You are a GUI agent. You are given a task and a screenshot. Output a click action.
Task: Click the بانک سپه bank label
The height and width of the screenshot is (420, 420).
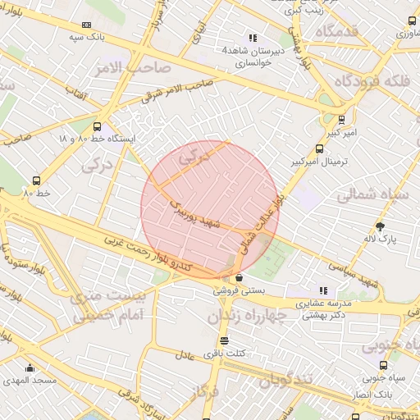pyautogui.click(x=88, y=38)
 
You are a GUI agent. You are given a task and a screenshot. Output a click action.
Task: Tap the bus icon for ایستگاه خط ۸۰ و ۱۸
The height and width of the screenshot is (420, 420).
pyautogui.click(x=98, y=127)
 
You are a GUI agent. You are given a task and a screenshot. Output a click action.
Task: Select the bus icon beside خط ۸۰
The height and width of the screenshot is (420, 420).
pyautogui.click(x=36, y=180)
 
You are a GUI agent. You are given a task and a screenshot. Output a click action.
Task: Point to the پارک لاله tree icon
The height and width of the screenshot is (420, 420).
pyautogui.click(x=379, y=226)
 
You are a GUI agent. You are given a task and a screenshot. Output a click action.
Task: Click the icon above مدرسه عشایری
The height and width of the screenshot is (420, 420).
pyautogui.click(x=324, y=290)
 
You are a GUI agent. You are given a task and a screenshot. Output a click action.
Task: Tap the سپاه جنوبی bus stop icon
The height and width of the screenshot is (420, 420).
pyautogui.click(x=383, y=365)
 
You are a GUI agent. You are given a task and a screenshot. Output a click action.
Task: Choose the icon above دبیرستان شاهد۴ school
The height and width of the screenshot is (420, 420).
pyautogui.click(x=253, y=38)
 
